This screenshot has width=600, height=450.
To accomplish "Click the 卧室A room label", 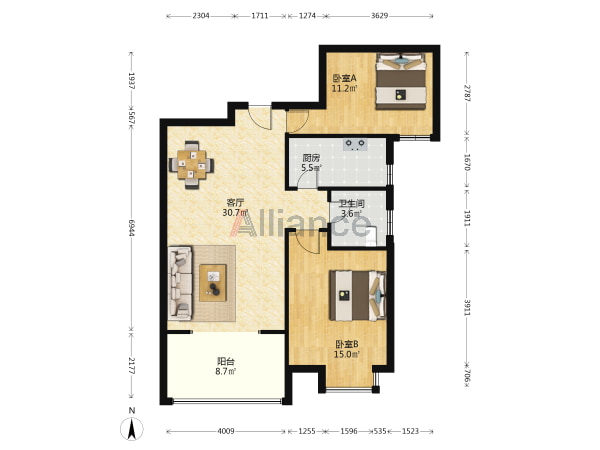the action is click(x=344, y=78).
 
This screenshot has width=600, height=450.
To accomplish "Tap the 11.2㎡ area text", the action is click(x=344, y=89).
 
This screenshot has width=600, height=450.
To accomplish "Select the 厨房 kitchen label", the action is click(x=311, y=158).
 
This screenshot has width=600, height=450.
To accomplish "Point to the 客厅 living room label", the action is click(x=235, y=202).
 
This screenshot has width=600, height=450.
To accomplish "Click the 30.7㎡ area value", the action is click(x=235, y=212).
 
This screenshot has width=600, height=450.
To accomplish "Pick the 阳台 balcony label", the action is click(x=226, y=361).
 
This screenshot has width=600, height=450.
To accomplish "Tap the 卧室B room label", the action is click(x=347, y=344).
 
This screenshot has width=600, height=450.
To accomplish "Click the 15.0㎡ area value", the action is click(x=347, y=354).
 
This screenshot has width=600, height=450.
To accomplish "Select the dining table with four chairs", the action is click(x=191, y=165).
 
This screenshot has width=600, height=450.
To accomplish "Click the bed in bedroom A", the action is click(x=401, y=81).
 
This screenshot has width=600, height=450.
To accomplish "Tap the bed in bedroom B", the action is click(x=358, y=295).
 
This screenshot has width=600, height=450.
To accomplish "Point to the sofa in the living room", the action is click(x=180, y=283).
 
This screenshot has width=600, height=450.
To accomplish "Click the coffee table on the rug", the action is click(x=213, y=283).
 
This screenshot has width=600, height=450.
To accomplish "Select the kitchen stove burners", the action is click(x=355, y=144).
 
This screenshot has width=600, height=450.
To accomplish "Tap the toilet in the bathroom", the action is click(x=371, y=236).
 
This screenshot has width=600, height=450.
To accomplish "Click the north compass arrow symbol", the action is click(x=132, y=429).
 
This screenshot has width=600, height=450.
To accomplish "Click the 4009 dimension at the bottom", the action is click(x=226, y=431).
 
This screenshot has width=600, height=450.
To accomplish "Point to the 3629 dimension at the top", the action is click(x=379, y=16).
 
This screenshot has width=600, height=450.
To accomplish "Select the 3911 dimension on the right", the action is click(x=467, y=307).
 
